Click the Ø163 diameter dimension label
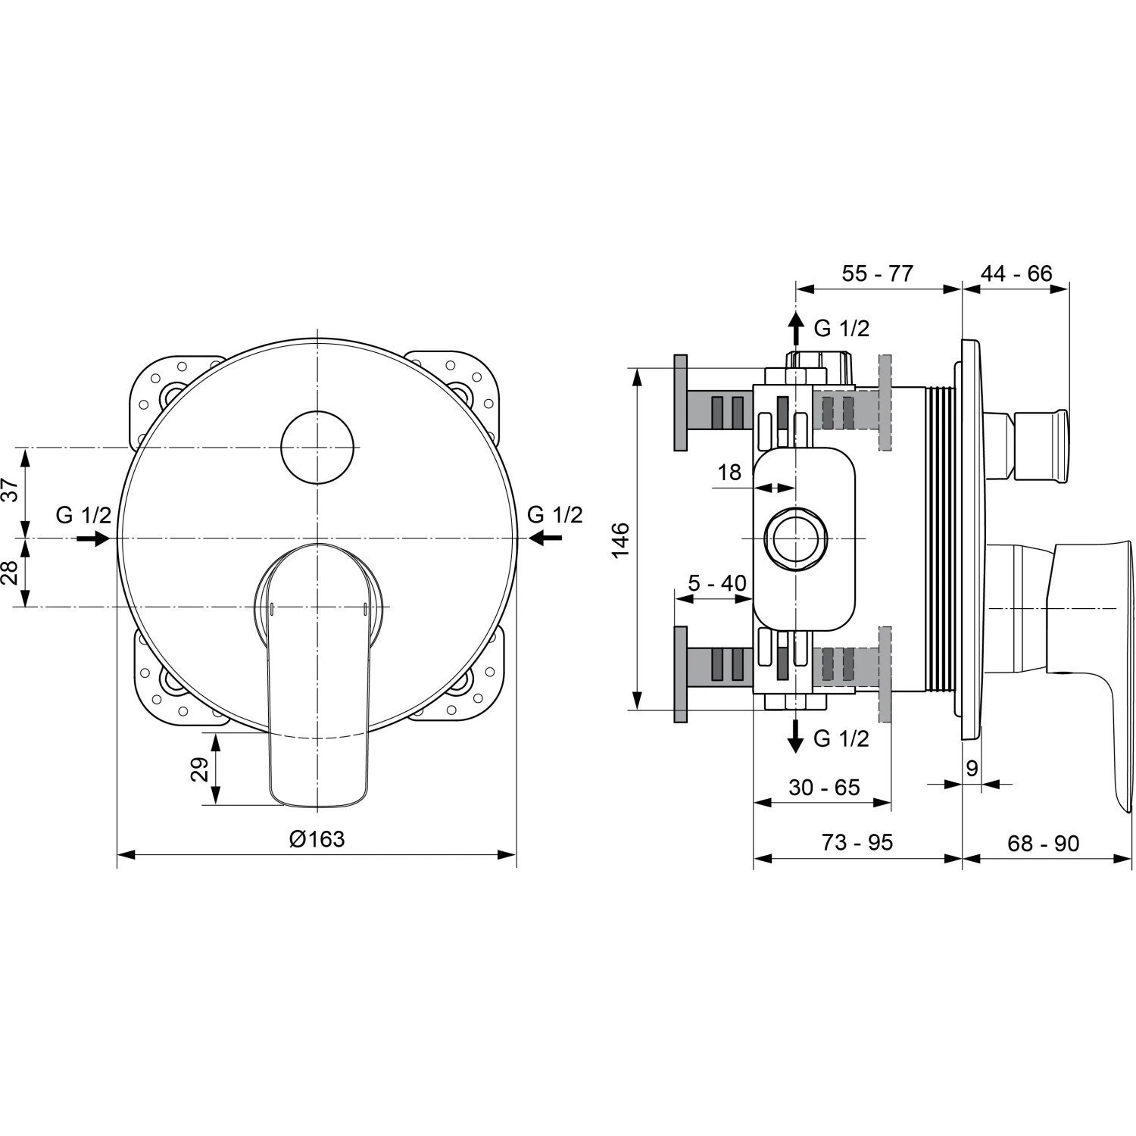click(317, 839)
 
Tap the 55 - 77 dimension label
click(878, 273)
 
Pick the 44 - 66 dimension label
click(1016, 273)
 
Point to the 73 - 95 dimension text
click(857, 842)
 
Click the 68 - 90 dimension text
click(1043, 843)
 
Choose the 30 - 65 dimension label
click(824, 788)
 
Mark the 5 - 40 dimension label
click(716, 583)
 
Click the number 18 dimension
click(729, 473)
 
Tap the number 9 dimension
click(972, 769)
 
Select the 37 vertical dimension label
click(11, 490)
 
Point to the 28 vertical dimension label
click(11, 573)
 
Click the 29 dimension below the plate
click(199, 769)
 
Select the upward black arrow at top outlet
click(795, 329)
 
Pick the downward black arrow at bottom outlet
click(795, 735)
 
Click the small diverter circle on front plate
click(317, 448)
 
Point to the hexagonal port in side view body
click(796, 538)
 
